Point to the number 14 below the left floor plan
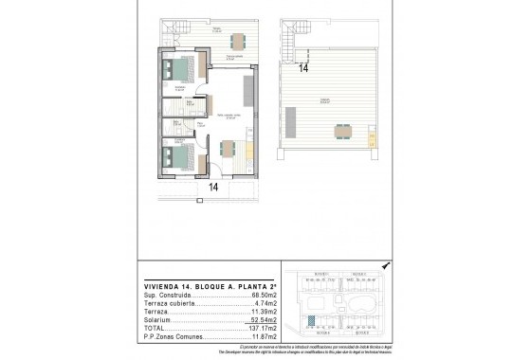coord(213,188)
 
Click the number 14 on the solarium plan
coord(303,68)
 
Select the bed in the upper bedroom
coord(176,69)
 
